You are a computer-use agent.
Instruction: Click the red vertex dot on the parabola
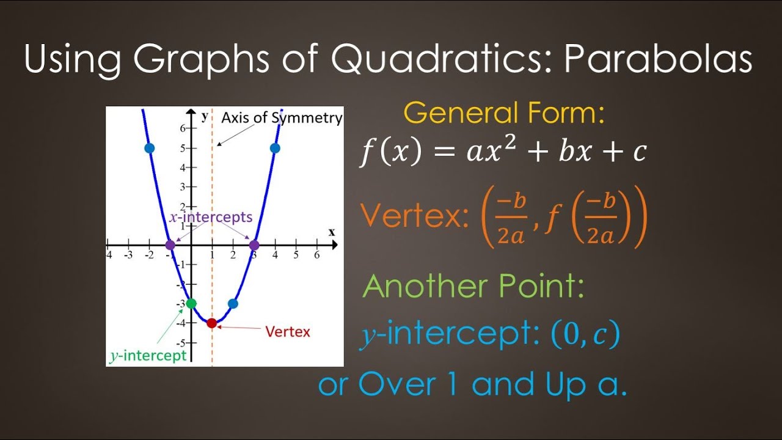pos(212,323)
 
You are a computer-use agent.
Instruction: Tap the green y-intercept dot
pos(191,304)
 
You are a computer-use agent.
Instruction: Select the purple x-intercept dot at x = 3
pos(254,245)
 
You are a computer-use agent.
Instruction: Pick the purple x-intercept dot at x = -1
pos(170,245)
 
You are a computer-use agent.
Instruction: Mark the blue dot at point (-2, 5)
pos(149,148)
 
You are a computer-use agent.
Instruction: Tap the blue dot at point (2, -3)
pos(233,304)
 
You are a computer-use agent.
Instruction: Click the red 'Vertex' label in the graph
pos(287,332)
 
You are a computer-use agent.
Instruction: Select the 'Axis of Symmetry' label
pos(281,118)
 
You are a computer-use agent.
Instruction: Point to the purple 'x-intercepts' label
pos(210,217)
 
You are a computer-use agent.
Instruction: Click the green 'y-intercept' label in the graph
pos(148,356)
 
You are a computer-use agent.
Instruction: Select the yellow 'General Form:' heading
pos(504,113)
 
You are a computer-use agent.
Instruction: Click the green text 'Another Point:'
pos(473,287)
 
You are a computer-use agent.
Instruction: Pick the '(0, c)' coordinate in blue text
pos(585,334)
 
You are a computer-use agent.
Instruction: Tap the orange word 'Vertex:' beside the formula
pos(414,216)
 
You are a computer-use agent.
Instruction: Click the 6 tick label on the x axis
pos(316,255)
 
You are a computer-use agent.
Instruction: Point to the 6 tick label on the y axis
pos(182,128)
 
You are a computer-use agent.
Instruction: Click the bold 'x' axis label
pos(332,232)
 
